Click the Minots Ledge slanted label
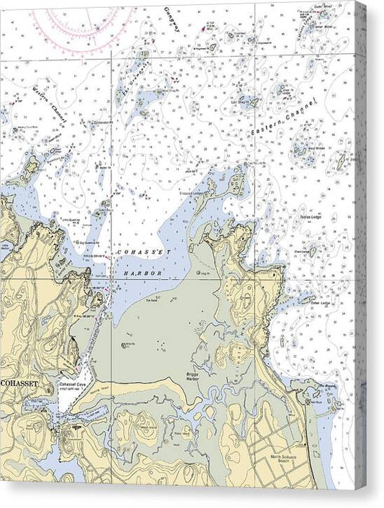[305, 27]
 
